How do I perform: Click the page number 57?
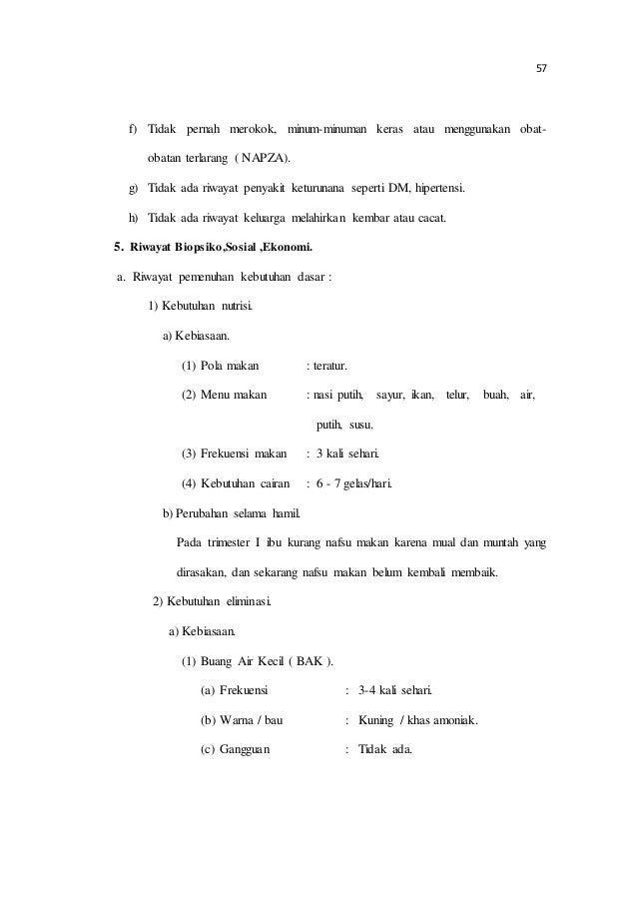[x=542, y=70]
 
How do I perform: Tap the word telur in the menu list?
[x=458, y=395]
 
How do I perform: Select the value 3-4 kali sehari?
[x=395, y=691]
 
